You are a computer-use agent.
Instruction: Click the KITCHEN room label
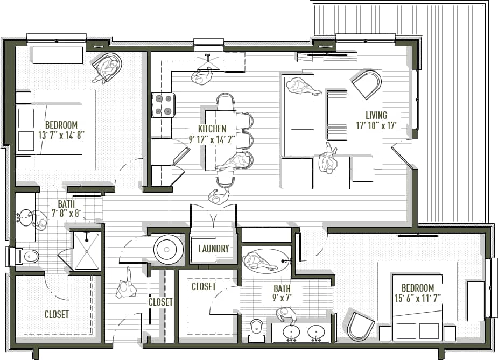point(212,129)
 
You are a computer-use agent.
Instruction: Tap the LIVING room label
point(376,115)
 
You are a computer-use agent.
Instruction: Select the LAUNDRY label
point(214,249)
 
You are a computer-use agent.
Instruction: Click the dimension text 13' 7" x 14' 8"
point(61,135)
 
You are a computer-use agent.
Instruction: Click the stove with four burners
point(164,104)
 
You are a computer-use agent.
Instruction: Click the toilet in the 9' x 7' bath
point(257,329)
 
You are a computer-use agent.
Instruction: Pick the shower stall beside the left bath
point(86,251)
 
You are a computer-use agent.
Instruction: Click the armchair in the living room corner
point(368,84)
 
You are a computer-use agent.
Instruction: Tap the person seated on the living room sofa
point(301,86)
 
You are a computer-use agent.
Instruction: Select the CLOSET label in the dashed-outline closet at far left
point(57,314)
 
